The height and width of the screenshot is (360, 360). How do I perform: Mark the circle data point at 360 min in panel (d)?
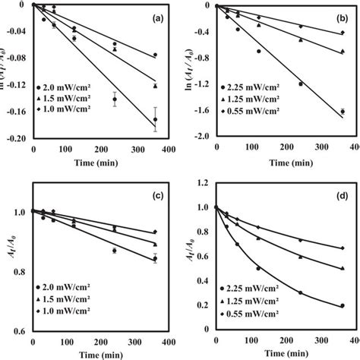(343, 306)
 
